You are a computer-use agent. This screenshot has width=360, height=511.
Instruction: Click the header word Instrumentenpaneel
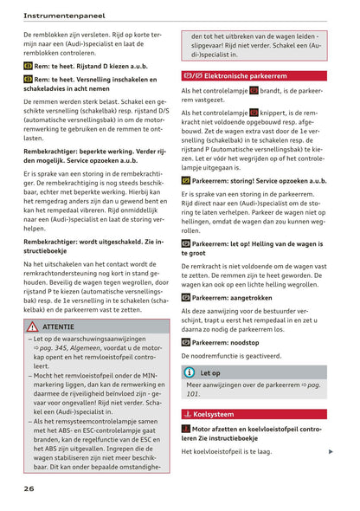click(x=64, y=15)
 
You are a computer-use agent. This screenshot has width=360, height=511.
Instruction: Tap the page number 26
click(x=29, y=488)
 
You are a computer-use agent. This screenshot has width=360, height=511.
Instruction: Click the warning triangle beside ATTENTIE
click(x=32, y=327)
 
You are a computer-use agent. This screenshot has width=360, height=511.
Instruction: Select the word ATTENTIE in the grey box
click(x=58, y=327)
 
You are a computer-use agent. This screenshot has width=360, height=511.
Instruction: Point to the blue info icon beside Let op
click(x=190, y=372)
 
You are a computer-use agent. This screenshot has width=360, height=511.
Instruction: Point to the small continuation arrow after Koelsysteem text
click(x=331, y=451)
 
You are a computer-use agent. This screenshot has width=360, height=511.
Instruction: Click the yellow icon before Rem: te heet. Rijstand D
click(x=28, y=65)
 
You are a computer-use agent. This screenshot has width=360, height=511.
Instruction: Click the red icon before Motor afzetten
click(x=186, y=429)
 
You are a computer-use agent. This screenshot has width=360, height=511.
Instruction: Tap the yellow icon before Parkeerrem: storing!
click(x=186, y=181)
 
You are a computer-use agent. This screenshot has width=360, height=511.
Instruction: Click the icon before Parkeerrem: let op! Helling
click(x=186, y=243)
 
